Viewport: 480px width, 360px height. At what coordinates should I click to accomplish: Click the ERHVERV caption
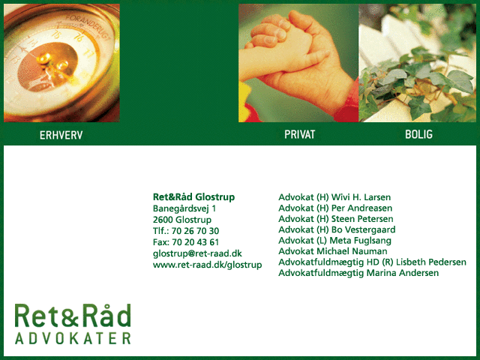click(x=61, y=135)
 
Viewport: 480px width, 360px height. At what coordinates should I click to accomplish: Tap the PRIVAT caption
click(x=300, y=134)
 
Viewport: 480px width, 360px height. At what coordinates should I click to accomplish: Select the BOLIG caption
click(x=418, y=134)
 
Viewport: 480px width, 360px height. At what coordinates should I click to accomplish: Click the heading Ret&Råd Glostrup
click(x=193, y=196)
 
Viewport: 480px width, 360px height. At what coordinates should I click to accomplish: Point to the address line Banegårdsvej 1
click(x=184, y=208)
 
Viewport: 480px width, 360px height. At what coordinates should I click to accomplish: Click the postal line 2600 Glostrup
click(x=182, y=220)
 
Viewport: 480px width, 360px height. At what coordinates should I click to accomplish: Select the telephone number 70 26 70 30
click(x=195, y=231)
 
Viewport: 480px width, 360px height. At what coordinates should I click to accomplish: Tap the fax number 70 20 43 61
click(x=195, y=242)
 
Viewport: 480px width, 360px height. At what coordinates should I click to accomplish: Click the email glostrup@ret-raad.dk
click(x=197, y=253)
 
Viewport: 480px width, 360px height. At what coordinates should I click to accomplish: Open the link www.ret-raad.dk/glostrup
click(x=208, y=265)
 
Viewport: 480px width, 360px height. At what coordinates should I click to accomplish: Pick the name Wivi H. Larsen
click(x=361, y=197)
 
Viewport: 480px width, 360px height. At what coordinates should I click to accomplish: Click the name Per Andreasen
click(x=361, y=208)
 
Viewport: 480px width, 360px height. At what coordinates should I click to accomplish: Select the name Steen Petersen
click(x=362, y=219)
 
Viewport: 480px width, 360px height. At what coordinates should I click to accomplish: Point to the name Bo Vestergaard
click(x=364, y=230)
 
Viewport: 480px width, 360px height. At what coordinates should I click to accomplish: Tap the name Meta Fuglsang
click(x=360, y=241)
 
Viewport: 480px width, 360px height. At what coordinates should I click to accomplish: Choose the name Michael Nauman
click(x=352, y=251)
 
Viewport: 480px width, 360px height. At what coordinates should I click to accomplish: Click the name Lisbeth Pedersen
click(x=431, y=262)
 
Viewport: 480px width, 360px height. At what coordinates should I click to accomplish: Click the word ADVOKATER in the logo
click(x=73, y=338)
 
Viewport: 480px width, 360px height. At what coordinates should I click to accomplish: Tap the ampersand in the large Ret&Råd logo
click(x=71, y=318)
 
